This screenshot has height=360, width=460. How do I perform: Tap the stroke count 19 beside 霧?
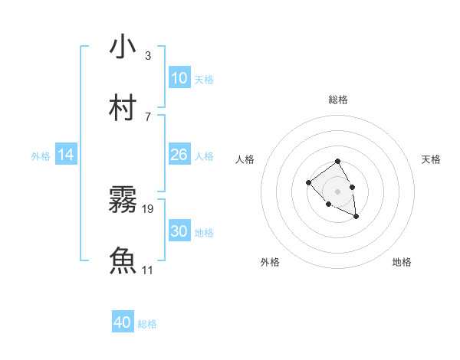click(148, 208)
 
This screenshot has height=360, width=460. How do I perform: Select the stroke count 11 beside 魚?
click(148, 270)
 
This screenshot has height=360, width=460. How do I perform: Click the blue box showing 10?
click(179, 78)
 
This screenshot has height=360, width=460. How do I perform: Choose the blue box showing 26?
click(179, 155)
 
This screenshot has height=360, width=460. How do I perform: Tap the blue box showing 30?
click(179, 231)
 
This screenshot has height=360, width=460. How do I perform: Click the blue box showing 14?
click(66, 155)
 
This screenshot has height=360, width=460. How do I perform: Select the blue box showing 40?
click(123, 322)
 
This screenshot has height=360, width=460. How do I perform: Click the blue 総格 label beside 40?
click(147, 324)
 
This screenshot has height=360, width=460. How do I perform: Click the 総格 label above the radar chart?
click(338, 100)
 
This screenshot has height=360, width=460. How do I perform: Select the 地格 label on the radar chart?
click(402, 262)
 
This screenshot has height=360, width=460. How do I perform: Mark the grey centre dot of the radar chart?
click(338, 191)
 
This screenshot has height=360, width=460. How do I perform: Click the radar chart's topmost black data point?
click(337, 162)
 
